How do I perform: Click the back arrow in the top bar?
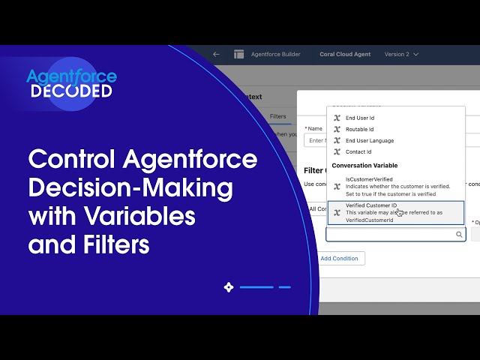point(216,55)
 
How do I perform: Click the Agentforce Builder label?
point(275,55)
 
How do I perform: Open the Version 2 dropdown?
point(401,55)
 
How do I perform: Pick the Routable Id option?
point(359,129)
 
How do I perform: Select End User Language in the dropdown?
point(369,140)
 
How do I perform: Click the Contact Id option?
point(358,151)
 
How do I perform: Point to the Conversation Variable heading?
point(364,165)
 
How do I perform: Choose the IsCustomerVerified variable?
point(369,179)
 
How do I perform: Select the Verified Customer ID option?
point(371,205)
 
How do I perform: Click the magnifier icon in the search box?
point(459,235)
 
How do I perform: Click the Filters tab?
point(277,116)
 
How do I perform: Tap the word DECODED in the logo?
point(71,91)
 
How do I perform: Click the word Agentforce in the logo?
point(71,76)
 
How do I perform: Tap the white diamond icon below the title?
point(229,286)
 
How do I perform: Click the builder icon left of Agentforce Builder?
point(239,55)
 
